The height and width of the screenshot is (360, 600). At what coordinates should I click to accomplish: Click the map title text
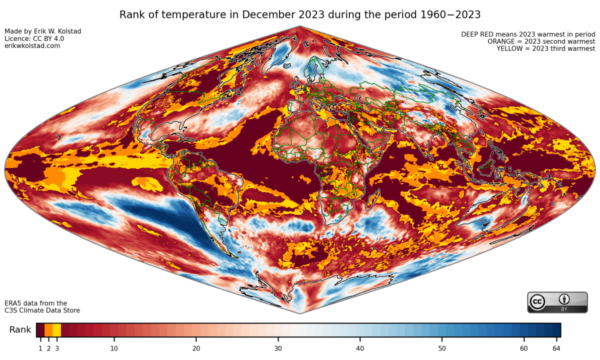[299, 14]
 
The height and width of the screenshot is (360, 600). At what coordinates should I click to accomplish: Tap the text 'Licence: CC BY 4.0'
[34, 38]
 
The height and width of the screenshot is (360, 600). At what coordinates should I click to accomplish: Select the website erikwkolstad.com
[32, 46]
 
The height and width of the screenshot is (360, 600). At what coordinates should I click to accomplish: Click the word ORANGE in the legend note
[502, 41]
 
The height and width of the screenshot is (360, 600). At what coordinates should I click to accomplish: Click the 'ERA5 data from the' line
[36, 303]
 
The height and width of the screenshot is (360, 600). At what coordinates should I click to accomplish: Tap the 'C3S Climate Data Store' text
[42, 310]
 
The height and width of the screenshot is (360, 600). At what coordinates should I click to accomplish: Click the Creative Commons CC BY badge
[557, 302]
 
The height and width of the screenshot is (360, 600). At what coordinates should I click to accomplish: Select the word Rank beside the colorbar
[20, 330]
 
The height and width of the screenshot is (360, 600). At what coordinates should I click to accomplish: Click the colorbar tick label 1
[40, 348]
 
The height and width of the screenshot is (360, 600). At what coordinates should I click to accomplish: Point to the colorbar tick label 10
[114, 348]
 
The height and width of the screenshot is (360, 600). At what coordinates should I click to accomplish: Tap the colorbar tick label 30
[278, 348]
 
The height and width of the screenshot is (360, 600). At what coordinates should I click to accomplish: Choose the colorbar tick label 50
[442, 348]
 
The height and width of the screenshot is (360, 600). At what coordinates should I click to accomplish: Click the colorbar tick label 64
[556, 348]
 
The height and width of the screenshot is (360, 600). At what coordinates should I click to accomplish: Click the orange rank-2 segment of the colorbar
[48, 330]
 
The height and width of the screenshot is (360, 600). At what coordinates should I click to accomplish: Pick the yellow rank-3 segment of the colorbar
[56, 330]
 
